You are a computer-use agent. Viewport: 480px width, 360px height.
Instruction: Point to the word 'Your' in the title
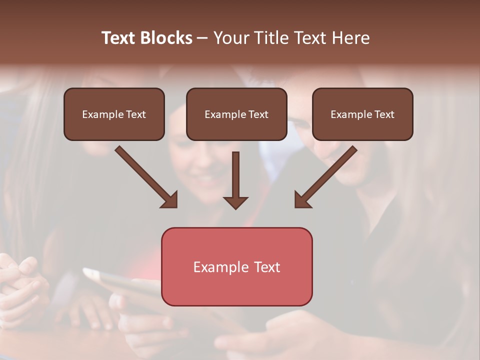tap(231, 38)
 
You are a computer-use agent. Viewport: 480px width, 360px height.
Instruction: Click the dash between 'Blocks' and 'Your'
tap(202, 38)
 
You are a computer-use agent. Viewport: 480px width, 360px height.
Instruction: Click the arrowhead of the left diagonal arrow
tap(170, 200)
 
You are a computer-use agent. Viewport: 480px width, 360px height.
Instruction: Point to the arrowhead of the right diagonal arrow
tap(302, 200)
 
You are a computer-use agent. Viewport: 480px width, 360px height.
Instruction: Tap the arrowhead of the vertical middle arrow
tap(236, 202)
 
